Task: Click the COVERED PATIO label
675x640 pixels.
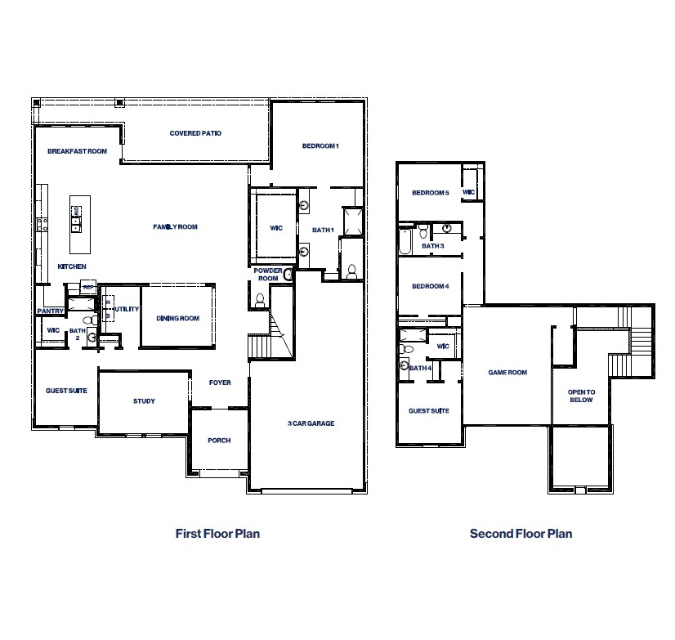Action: [x=195, y=133]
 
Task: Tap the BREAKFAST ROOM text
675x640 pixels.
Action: [x=78, y=151]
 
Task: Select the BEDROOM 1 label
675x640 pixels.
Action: [x=320, y=145]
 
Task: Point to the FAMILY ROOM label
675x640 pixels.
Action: [x=176, y=227]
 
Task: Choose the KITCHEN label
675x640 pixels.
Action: [x=72, y=267]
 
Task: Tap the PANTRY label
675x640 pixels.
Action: [x=50, y=311]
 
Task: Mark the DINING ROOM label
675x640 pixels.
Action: [x=179, y=319]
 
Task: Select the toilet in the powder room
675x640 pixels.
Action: [x=260, y=300]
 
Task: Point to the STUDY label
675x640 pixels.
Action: [x=144, y=401]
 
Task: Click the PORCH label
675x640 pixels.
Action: [x=219, y=441]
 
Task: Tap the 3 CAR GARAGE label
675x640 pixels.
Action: [x=311, y=423]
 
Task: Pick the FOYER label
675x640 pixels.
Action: [x=220, y=383]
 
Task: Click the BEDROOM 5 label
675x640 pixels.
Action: [x=430, y=193]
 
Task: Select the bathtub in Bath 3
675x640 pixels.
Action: [x=405, y=242]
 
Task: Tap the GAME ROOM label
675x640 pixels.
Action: [x=507, y=373]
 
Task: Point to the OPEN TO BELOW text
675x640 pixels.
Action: [x=581, y=396]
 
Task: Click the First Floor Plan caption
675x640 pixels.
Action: [x=217, y=534]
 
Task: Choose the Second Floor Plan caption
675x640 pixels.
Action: [x=521, y=534]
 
